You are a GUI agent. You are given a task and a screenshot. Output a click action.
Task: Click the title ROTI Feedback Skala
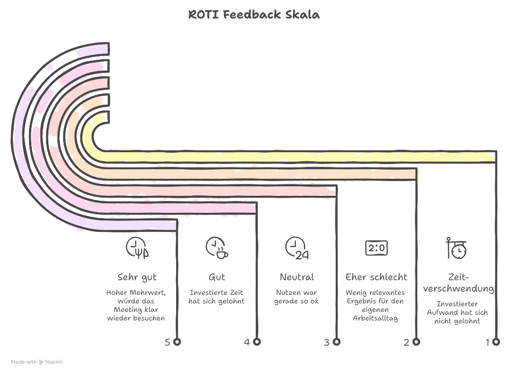pyautogui.click(x=254, y=15)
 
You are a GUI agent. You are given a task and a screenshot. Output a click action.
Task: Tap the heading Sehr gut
pyautogui.click(x=137, y=277)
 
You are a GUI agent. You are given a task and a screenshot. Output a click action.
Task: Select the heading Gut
pyautogui.click(x=216, y=277)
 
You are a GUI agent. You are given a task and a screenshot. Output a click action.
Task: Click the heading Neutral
pyautogui.click(x=297, y=277)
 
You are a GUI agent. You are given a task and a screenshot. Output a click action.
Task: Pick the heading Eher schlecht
pyautogui.click(x=376, y=277)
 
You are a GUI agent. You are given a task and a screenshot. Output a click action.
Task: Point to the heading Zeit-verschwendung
pyautogui.click(x=458, y=283)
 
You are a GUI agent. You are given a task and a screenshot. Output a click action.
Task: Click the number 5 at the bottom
pyautogui.click(x=168, y=342)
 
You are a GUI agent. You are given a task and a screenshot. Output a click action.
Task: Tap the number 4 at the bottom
pyautogui.click(x=247, y=342)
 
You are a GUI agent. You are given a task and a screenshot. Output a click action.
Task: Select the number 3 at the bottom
pyautogui.click(x=327, y=342)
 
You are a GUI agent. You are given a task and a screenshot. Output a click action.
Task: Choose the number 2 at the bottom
pyautogui.click(x=406, y=342)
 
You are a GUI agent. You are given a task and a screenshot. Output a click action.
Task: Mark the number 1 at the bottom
pyautogui.click(x=487, y=342)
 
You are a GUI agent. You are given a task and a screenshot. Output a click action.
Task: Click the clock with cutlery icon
pyautogui.click(x=137, y=248)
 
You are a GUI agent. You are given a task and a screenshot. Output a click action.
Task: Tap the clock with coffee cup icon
pyautogui.click(x=216, y=248)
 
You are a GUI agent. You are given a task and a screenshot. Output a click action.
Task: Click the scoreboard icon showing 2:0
pyautogui.click(x=376, y=248)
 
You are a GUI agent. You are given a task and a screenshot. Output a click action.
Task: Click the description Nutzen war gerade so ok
pyautogui.click(x=297, y=297)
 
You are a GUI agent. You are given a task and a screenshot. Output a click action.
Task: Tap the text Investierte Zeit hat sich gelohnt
pyautogui.click(x=216, y=297)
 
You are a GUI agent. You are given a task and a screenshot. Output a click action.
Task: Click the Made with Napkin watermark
pyautogui.click(x=37, y=362)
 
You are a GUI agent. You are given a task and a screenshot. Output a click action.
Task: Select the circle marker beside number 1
pyautogui.click(x=496, y=341)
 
